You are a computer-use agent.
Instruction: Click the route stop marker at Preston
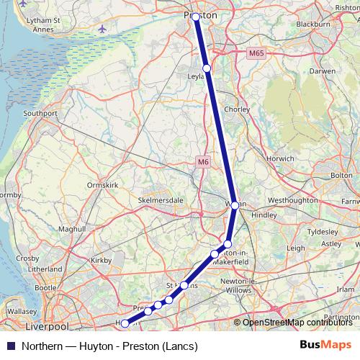(x=196, y=16)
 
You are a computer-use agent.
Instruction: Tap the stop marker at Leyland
(x=207, y=68)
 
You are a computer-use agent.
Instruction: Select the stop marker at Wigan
(x=235, y=205)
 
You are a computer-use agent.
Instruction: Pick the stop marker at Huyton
(x=125, y=323)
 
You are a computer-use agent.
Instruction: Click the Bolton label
(x=341, y=175)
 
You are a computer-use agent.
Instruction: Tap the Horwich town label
(x=279, y=158)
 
